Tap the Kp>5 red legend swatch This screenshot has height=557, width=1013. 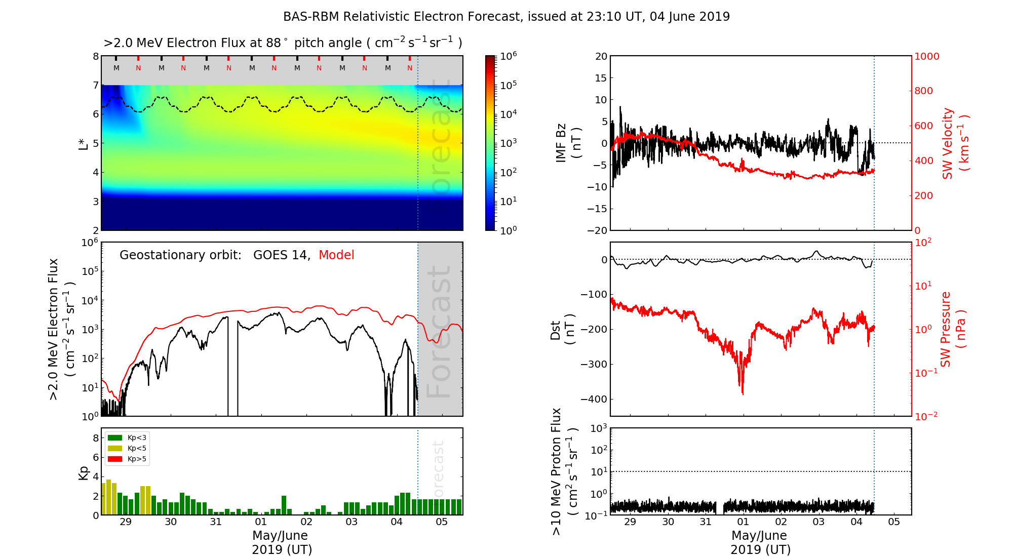pos(115,459)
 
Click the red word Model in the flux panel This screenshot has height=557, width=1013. pos(336,255)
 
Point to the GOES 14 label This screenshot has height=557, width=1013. pos(281,255)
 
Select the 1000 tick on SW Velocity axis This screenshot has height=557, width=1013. pos(926,56)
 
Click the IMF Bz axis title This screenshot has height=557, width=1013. pos(568,143)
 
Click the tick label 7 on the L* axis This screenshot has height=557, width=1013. pos(95,85)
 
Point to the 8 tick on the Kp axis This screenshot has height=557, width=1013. pos(96,438)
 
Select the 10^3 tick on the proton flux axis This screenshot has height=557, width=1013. pos(599,428)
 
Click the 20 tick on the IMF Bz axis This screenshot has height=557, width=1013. pos(601,56)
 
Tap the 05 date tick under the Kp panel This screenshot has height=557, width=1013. pos(442,522)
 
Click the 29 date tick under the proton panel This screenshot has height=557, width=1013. pos(630,522)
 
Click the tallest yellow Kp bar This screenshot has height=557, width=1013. pos(108,497)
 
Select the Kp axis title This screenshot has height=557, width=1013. pos(84,473)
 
